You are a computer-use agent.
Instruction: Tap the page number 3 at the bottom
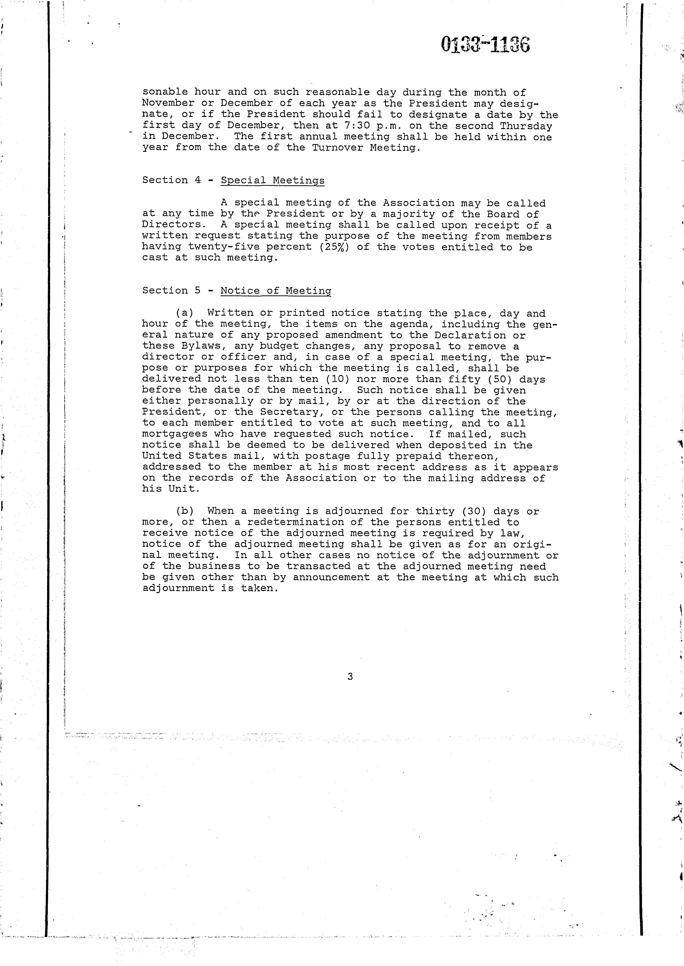click(x=350, y=677)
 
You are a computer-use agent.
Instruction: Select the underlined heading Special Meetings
click(x=273, y=180)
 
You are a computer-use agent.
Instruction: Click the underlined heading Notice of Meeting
click(x=276, y=291)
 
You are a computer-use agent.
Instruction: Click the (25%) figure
click(x=335, y=247)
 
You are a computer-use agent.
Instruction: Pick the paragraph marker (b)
click(x=184, y=511)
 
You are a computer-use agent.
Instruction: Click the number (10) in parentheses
click(x=338, y=379)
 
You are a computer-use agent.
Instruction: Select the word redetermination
click(x=302, y=522)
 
